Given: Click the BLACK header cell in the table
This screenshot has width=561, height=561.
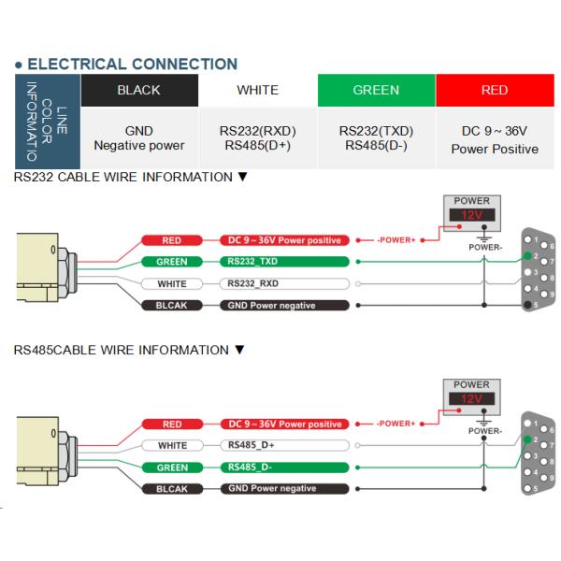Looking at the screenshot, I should [138, 90].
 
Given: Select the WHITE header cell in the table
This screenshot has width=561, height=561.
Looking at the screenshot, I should [257, 90].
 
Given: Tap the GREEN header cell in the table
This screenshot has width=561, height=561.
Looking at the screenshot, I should [376, 90].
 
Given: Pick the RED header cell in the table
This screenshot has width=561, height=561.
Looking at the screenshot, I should [494, 90].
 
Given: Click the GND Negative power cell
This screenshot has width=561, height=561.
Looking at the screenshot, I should [138, 138].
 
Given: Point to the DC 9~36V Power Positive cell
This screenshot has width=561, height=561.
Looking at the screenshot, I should [494, 139].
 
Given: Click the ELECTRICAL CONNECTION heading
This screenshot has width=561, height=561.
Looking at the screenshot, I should [132, 65].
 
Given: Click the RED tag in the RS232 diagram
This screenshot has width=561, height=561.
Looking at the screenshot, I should [172, 240].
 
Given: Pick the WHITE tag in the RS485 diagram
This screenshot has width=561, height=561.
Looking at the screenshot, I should [172, 445].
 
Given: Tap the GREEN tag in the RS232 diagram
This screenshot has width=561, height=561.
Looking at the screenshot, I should [172, 262].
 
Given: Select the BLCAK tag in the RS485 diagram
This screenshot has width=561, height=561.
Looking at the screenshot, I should [172, 488].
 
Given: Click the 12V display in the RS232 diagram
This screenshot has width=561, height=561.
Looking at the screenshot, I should [471, 216].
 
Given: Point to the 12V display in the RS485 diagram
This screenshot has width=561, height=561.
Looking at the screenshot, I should [471, 399].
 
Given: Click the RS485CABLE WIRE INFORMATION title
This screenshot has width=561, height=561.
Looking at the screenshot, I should [129, 350].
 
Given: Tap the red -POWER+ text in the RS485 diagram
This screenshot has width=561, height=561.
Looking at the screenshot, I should [397, 424].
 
